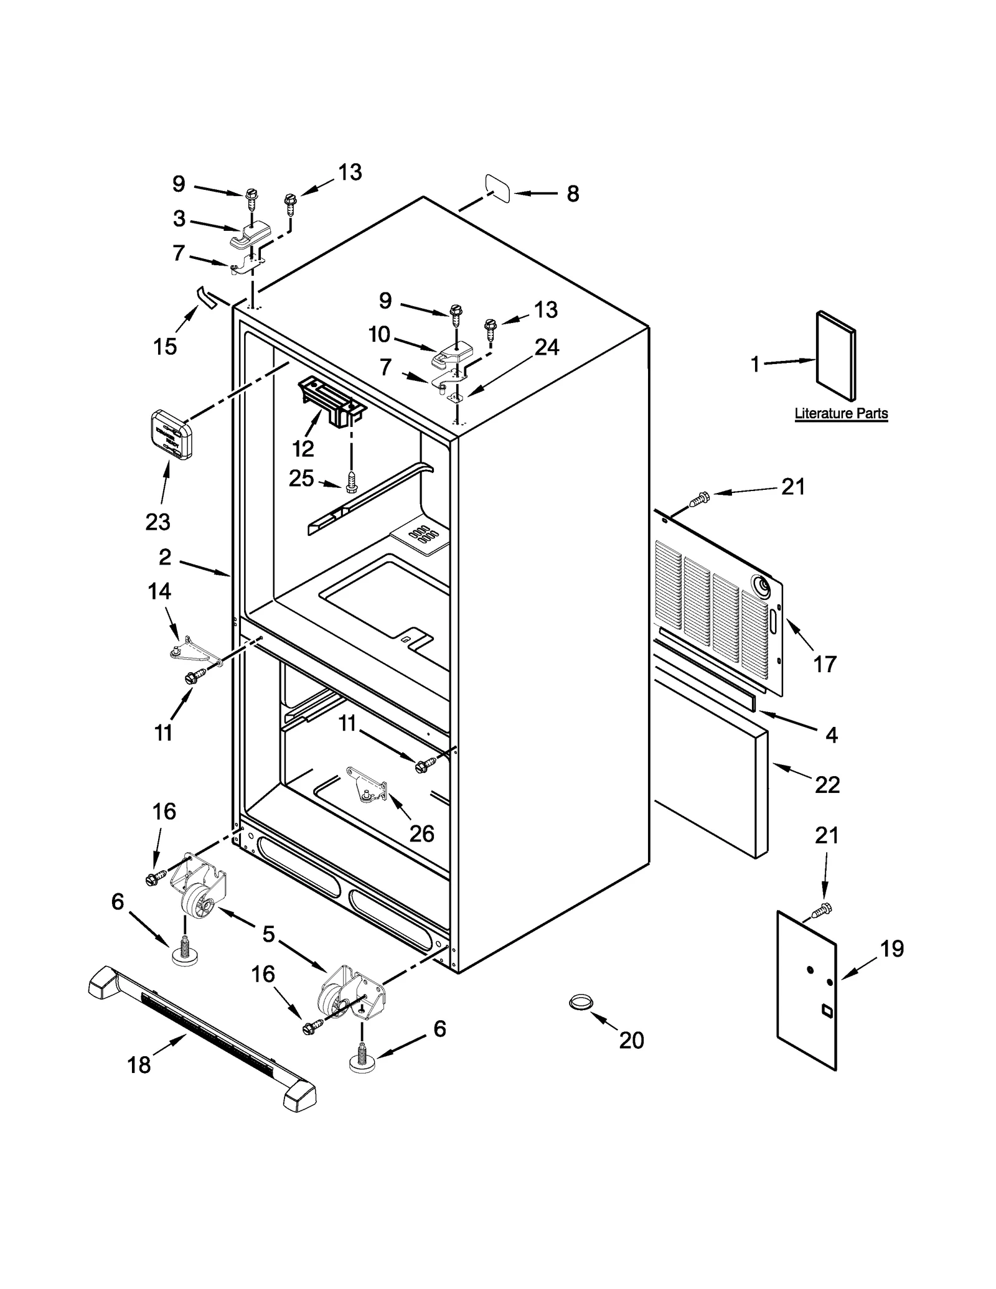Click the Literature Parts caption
coord(841,413)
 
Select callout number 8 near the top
coord(573,194)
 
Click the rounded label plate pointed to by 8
coord(497,189)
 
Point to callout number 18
coord(139,1065)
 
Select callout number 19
coord(891,949)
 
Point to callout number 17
coord(825,664)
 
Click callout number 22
coord(827,785)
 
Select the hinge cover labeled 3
coord(251,235)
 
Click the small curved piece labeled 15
coord(205,297)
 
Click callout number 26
coord(421,833)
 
